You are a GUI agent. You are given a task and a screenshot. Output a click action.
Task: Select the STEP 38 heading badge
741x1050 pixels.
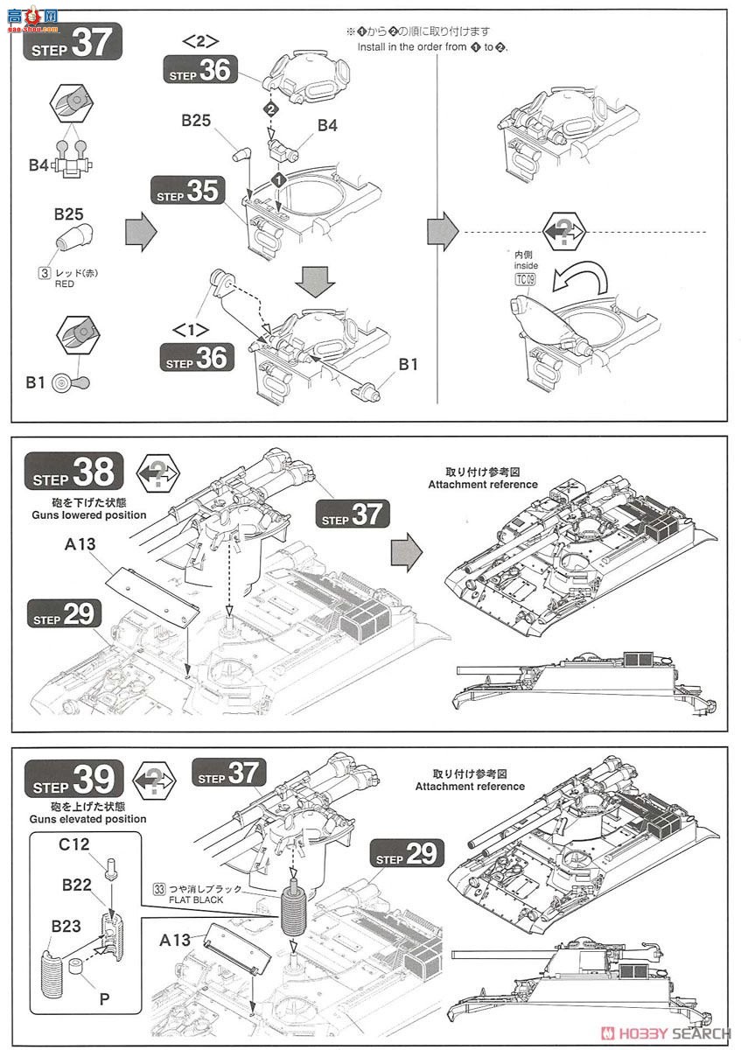tap(73, 473)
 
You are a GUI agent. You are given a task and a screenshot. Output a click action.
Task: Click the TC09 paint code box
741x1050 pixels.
tap(524, 280)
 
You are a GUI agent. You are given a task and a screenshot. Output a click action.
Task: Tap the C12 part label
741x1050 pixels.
tap(76, 847)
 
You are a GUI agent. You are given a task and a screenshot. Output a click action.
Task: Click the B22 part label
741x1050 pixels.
tap(78, 885)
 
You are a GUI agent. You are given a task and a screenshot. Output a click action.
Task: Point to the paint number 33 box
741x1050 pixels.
tap(158, 888)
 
